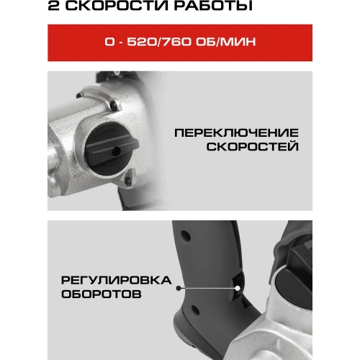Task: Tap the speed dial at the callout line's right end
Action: point(236,287)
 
